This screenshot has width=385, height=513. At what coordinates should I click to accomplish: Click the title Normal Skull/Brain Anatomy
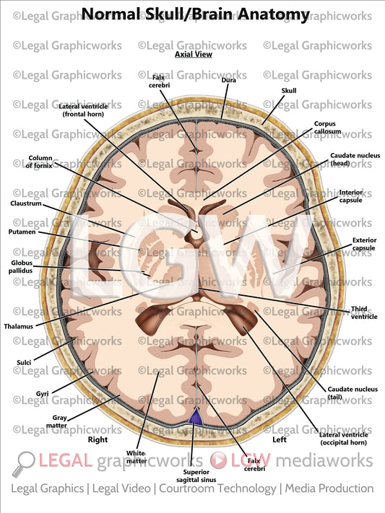[x=195, y=14]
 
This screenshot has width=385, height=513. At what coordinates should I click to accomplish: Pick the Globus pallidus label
[x=20, y=268]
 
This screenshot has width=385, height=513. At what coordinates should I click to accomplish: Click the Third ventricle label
[x=359, y=312]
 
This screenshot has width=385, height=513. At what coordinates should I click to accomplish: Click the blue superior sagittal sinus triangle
[x=194, y=417]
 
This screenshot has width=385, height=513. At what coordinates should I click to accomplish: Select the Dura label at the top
[x=229, y=81]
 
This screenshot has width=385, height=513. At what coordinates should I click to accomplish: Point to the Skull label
[x=289, y=91]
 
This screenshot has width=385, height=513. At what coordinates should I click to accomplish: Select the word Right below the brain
[x=98, y=438]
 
